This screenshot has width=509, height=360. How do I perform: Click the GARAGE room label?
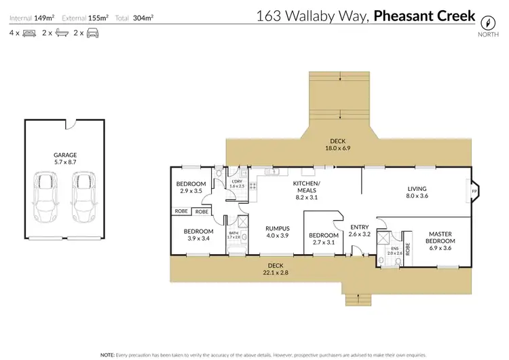pyautogui.click(x=65, y=155)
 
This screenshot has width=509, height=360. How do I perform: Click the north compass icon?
pyautogui.click(x=485, y=20)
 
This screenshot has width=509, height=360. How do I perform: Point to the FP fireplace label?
pyautogui.click(x=474, y=192)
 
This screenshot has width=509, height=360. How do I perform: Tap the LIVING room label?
pyautogui.click(x=416, y=189)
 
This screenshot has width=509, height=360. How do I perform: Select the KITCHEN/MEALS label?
pyautogui.click(x=306, y=187)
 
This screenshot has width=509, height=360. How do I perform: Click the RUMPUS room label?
pyautogui.click(x=259, y=228)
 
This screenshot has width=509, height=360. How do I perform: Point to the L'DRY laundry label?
pyautogui.click(x=237, y=181)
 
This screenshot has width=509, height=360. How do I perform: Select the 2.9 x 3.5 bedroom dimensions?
pyautogui.click(x=191, y=192)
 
